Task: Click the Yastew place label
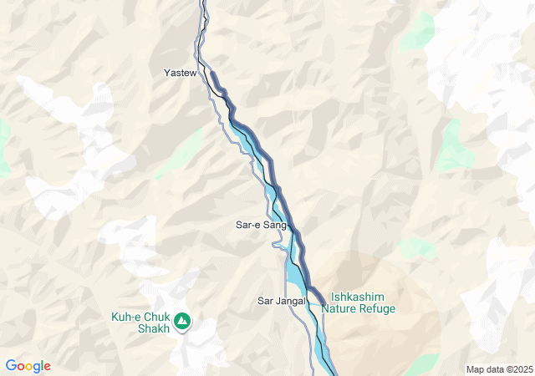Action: click(180, 74)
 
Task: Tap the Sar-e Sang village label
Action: click(261, 225)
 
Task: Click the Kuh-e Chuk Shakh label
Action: click(140, 323)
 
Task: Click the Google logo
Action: click(28, 366)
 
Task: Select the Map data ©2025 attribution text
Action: click(499, 369)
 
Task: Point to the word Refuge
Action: click(378, 308)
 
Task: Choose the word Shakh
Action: click(153, 328)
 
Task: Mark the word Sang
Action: click(275, 225)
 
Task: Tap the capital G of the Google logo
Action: click(10, 366)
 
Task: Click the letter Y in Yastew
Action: click(166, 74)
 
